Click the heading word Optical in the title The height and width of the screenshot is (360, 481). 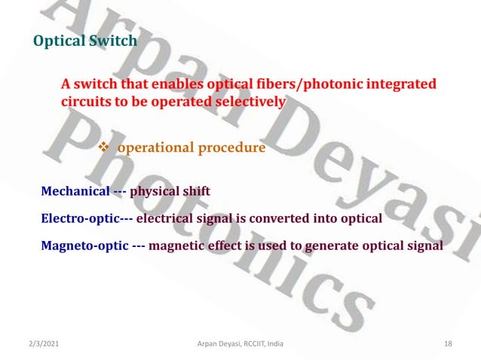pos(58,41)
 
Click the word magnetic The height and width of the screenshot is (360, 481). pos(188,246)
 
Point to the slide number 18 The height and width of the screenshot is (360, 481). pos(448,343)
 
